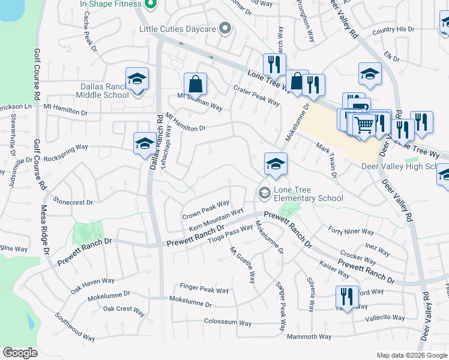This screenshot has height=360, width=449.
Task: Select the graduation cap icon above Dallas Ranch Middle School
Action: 137,79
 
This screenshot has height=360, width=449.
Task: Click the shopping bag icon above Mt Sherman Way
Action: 195,84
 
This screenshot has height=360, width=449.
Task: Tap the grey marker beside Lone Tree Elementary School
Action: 264,193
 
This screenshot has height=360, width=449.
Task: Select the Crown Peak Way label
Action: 206,210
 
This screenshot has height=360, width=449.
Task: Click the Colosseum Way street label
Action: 228,323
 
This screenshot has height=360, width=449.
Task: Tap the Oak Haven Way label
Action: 92,281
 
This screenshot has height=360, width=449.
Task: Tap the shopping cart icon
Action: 364,125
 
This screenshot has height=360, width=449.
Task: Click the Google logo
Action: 20,353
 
